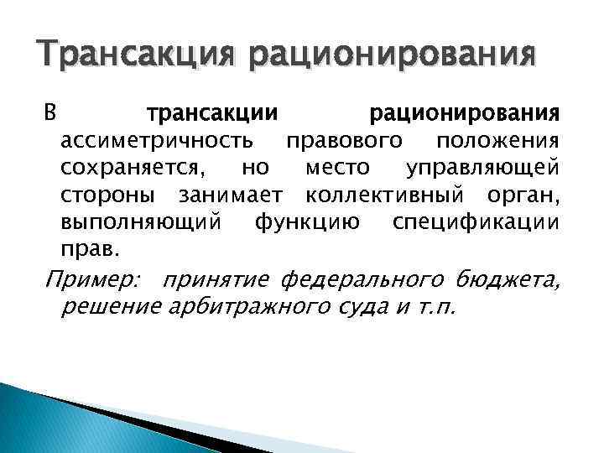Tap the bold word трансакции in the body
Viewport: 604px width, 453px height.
click(x=213, y=112)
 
